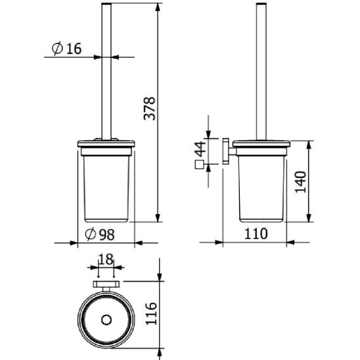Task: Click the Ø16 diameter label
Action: point(66,49)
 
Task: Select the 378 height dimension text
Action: point(150,108)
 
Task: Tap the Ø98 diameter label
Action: point(100,234)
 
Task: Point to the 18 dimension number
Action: point(106,259)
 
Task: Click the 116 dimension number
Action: point(151,313)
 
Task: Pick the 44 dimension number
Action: point(200,149)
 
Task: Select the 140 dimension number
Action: point(300,182)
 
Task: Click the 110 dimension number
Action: point(256,234)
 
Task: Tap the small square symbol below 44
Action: point(199,165)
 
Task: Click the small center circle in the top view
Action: point(106,320)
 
